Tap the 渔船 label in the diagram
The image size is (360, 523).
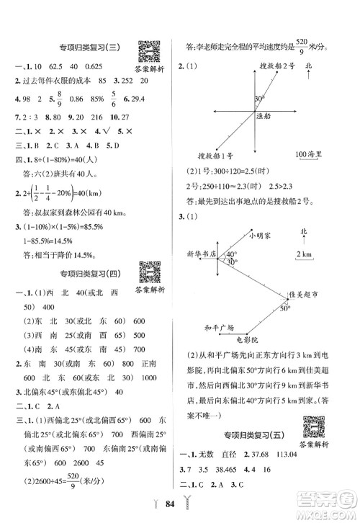click(x=266, y=115)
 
